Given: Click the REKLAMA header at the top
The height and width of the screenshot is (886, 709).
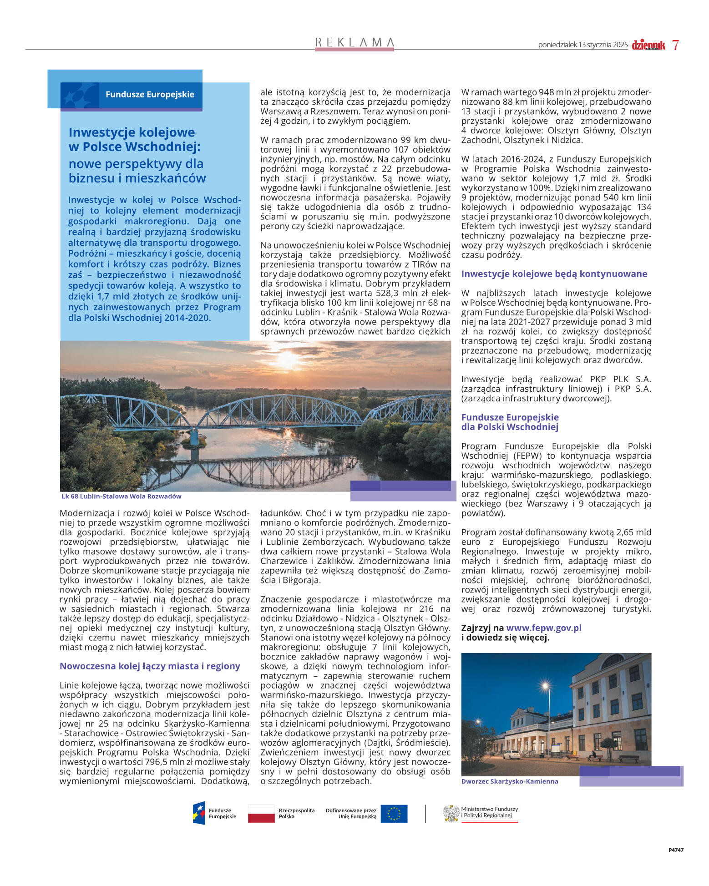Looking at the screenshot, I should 354,42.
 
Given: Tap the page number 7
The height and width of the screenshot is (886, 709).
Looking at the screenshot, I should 675,45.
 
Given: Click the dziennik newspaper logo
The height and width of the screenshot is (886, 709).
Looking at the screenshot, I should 648,45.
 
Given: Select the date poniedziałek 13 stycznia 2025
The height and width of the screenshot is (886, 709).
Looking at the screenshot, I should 582,45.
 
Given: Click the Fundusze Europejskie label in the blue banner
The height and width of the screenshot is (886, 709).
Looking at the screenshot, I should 150,95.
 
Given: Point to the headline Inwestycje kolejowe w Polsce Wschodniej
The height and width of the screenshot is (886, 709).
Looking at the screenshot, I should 135,140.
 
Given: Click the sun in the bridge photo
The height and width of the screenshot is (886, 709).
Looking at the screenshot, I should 287,359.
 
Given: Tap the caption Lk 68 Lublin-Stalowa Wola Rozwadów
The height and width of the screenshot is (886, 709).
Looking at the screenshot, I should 122,496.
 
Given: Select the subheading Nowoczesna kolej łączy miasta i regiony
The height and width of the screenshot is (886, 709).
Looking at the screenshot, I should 150,666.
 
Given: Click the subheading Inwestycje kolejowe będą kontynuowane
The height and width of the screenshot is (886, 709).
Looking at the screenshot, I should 554,274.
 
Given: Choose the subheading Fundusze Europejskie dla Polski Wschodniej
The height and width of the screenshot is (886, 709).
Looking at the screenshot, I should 510,422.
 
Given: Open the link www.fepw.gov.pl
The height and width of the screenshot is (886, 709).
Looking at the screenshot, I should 544,628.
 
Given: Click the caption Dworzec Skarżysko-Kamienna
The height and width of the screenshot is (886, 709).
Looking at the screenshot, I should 509,781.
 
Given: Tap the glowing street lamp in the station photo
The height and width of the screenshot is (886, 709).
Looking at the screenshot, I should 545,686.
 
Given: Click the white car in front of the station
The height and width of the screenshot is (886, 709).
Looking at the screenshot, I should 512,754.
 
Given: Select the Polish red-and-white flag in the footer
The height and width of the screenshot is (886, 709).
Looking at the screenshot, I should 261,814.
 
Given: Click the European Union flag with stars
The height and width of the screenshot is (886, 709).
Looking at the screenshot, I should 394,814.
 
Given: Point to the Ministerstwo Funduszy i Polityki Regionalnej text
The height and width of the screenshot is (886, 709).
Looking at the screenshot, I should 489,812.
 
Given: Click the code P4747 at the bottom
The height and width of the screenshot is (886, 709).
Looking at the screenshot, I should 676,850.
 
